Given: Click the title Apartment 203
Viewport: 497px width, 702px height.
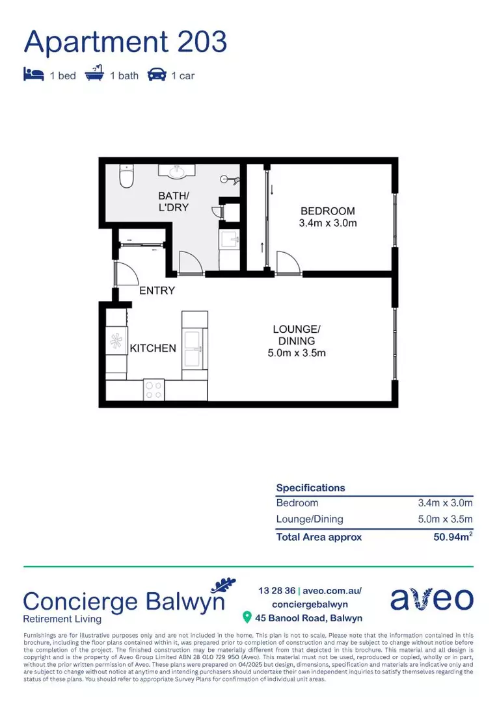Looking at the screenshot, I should pyautogui.click(x=125, y=42).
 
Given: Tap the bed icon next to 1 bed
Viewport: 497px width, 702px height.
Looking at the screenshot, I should pyautogui.click(x=34, y=75).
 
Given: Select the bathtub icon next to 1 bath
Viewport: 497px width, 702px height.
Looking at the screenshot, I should pyautogui.click(x=94, y=75).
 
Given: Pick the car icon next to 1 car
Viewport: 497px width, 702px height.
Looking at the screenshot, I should pyautogui.click(x=156, y=75).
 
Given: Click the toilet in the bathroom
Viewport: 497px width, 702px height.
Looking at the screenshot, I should pyautogui.click(x=126, y=175).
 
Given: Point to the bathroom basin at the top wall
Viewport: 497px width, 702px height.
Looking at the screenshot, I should pyautogui.click(x=176, y=172).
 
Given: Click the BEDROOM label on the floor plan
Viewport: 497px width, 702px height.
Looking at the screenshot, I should pyautogui.click(x=327, y=211).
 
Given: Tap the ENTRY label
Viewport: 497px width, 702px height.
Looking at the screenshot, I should pyautogui.click(x=157, y=291).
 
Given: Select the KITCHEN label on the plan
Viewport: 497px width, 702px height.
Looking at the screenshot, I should pyautogui.click(x=153, y=348).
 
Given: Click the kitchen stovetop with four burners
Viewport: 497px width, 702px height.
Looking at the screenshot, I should pyautogui.click(x=154, y=390).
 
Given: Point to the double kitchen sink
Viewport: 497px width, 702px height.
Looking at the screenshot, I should pyautogui.click(x=195, y=348).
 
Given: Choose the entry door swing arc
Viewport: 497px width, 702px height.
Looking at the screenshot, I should pyautogui.click(x=125, y=274).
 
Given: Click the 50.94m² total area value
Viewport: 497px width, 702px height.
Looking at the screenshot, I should pyautogui.click(x=453, y=537).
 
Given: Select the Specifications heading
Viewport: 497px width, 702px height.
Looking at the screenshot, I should pyautogui.click(x=310, y=487).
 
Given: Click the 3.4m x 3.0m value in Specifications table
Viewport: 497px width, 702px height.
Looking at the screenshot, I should pyautogui.click(x=445, y=503).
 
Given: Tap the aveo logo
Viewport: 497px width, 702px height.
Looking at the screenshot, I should pyautogui.click(x=431, y=599).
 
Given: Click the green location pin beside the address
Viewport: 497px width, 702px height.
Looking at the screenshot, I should pyautogui.click(x=247, y=617).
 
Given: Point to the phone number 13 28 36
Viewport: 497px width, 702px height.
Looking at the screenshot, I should pyautogui.click(x=276, y=591).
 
